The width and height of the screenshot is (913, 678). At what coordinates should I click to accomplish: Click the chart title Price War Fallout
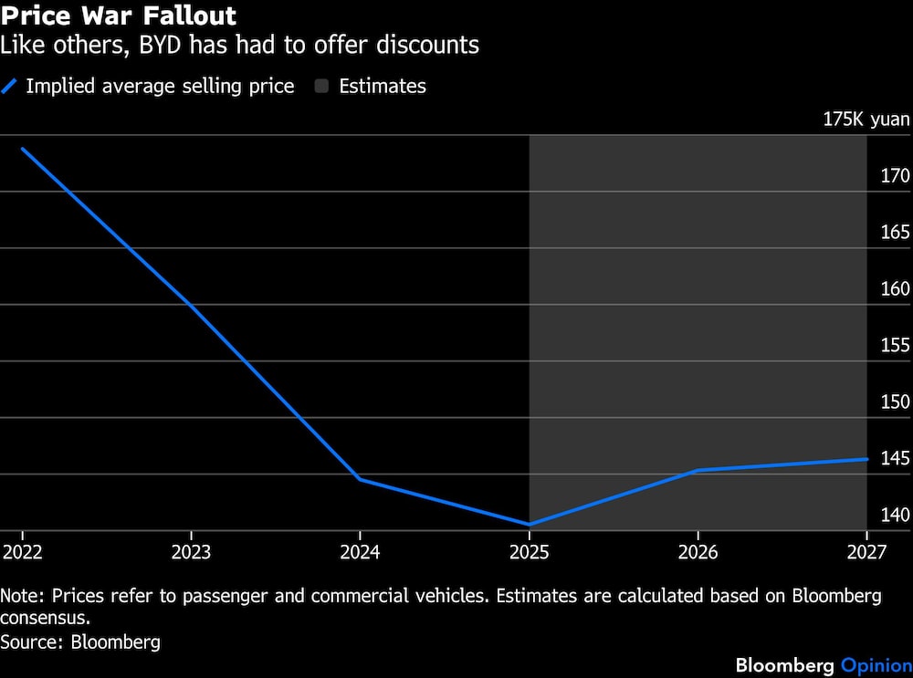tap(119, 16)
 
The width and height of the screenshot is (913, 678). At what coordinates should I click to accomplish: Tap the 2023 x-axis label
tap(190, 552)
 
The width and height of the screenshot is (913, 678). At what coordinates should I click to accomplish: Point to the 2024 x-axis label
tap(360, 552)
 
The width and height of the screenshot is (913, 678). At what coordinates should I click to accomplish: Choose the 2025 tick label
tap(529, 552)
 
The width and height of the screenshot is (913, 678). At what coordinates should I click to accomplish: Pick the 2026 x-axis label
tap(698, 552)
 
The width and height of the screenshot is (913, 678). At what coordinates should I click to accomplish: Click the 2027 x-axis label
tap(866, 552)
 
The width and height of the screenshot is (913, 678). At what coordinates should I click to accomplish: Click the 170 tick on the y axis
tap(895, 175)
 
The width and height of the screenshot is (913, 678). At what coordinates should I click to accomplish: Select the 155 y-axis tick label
tap(895, 345)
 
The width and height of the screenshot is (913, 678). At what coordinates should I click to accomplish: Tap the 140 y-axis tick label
tap(895, 515)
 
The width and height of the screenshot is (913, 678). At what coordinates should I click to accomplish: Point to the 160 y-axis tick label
tap(895, 288)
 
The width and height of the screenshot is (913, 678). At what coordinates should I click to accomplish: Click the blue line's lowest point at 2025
tap(530, 525)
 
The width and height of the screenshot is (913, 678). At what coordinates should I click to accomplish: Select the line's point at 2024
tap(360, 479)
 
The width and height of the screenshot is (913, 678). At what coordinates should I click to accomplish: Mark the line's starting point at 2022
tap(21, 149)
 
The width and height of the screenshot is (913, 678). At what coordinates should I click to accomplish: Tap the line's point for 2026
tap(698, 471)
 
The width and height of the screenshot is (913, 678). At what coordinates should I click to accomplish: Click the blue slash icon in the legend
tap(10, 87)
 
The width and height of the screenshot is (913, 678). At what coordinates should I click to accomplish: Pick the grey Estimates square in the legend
tap(321, 87)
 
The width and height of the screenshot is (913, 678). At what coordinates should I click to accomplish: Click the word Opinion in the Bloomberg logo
tap(876, 664)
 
